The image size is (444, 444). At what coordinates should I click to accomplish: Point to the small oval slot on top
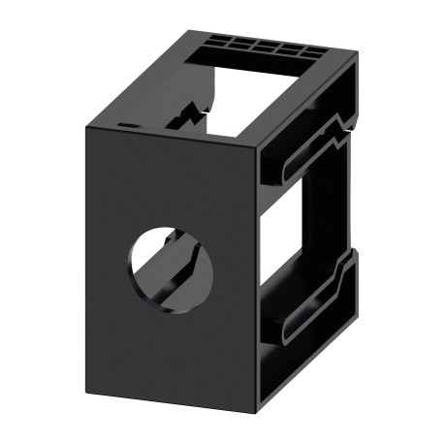click(125, 126)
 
